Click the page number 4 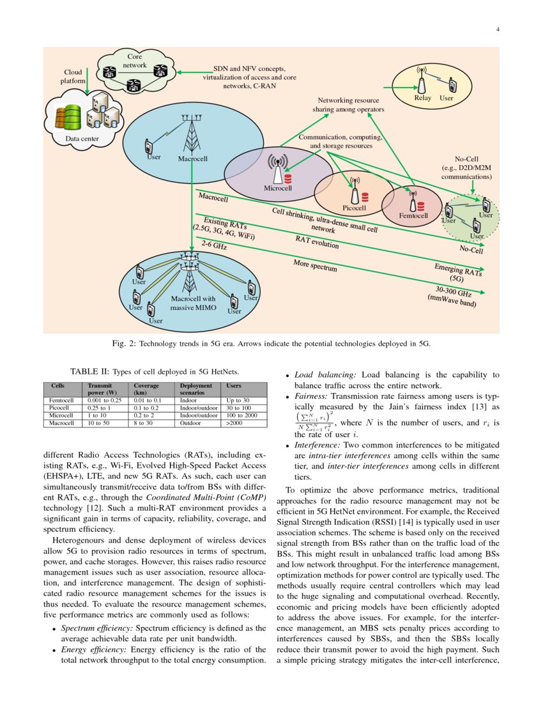tap(498, 29)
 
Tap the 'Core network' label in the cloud tap(135, 61)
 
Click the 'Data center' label tap(82, 138)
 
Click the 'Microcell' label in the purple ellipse tap(278, 189)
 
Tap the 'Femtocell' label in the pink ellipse tap(411, 216)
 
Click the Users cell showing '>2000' tap(228, 422)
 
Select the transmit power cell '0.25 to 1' tap(99, 407)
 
